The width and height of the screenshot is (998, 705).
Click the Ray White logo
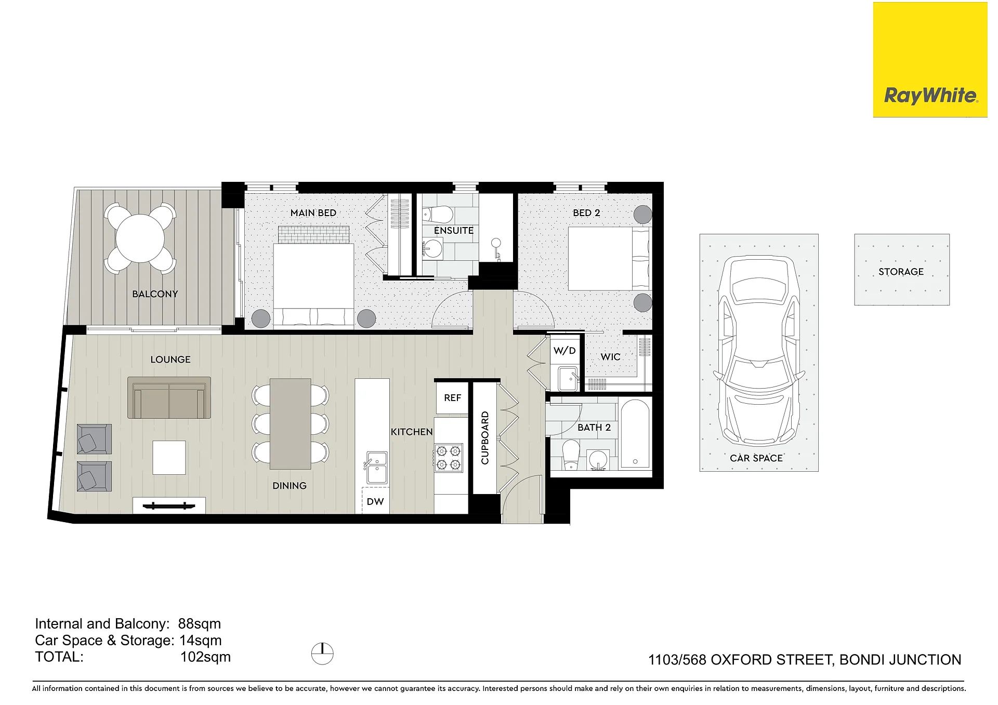[x=930, y=60]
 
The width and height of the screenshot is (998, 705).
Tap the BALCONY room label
[x=155, y=294]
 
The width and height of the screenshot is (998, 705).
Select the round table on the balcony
[x=140, y=239]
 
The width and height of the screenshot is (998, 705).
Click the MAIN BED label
[x=313, y=213]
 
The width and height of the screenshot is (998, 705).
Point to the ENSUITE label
[x=454, y=231]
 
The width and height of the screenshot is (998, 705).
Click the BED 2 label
[x=586, y=213]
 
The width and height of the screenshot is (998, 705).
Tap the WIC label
[x=610, y=357]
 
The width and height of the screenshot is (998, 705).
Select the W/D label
[x=564, y=351]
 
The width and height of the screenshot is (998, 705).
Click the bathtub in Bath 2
[x=635, y=433]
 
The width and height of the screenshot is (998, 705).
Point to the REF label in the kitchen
[x=452, y=398]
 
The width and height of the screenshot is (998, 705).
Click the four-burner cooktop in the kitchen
[x=449, y=458]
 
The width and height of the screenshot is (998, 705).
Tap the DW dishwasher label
[x=375, y=502]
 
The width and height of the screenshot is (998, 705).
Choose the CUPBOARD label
[x=485, y=437]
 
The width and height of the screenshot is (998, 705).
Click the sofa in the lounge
[x=169, y=398]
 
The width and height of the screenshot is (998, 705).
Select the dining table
[x=291, y=424]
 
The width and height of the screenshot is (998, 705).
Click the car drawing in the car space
[x=759, y=351]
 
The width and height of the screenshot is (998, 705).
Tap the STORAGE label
[x=901, y=272]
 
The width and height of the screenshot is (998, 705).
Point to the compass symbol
[x=322, y=654]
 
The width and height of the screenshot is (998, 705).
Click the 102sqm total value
[x=205, y=657]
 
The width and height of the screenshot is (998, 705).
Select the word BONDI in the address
[x=863, y=660]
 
